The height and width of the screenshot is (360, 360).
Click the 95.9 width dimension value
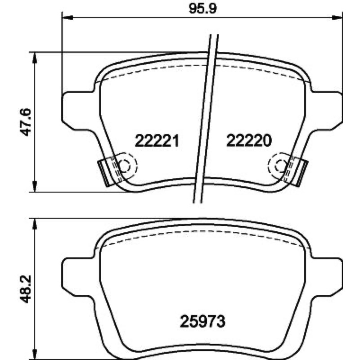pyautogui.click(x=202, y=9)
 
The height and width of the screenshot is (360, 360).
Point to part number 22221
pyautogui.click(x=157, y=140)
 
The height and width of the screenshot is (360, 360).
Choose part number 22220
pyautogui.click(x=249, y=140)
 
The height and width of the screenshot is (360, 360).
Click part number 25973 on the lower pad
pyautogui.click(x=202, y=321)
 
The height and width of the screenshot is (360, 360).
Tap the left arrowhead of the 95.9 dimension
pyautogui.click(x=68, y=18)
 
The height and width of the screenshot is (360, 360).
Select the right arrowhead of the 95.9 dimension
pyautogui.click(x=337, y=18)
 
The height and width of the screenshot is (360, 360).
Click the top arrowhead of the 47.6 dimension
pyautogui.click(x=35, y=58)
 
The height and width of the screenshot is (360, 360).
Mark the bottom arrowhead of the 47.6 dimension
pyautogui.click(x=35, y=186)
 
